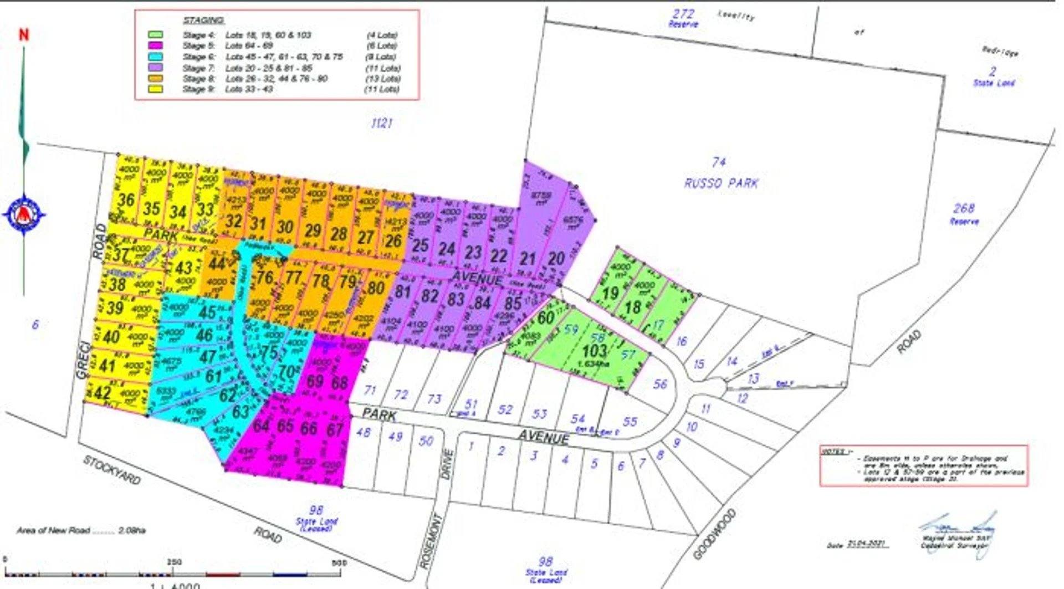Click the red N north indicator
(x=23, y=35)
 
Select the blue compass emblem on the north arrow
(x=24, y=214)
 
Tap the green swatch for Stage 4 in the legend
(x=155, y=35)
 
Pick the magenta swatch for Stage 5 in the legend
(x=155, y=45)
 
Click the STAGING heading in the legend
(x=203, y=20)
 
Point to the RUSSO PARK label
(x=721, y=183)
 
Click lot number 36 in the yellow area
(x=126, y=199)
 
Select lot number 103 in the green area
(x=595, y=351)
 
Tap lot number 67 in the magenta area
(x=335, y=429)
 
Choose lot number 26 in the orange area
(x=393, y=241)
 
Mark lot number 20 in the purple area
(x=556, y=258)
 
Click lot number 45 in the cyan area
(x=207, y=313)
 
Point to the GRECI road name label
(x=83, y=361)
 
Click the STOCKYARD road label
(x=112, y=469)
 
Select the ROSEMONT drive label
(x=432, y=541)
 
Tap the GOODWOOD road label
(x=715, y=534)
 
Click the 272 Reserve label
(x=683, y=18)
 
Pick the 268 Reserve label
(x=964, y=213)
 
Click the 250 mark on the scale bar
(x=174, y=562)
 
